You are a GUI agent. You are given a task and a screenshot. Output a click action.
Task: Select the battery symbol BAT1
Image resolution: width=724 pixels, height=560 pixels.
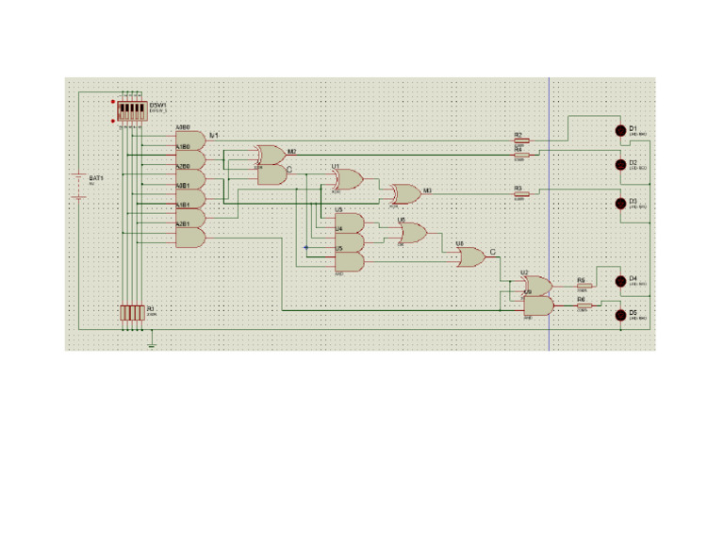click(79, 186)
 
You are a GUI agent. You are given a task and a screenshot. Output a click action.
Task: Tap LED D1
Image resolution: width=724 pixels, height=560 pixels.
click(620, 130)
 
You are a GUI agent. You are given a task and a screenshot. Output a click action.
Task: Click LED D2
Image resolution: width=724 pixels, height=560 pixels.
click(620, 165)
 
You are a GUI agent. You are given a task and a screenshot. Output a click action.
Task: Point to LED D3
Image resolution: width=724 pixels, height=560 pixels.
click(620, 203)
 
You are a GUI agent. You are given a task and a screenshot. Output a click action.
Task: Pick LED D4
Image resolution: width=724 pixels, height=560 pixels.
click(620, 280)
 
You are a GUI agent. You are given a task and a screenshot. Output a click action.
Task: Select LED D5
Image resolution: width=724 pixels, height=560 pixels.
click(620, 315)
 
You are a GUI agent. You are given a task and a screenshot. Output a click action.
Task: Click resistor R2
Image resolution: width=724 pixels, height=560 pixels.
click(521, 140)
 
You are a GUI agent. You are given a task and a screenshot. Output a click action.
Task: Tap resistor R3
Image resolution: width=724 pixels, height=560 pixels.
click(521, 194)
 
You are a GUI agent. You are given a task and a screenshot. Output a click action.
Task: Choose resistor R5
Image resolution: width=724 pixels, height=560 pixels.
click(583, 285)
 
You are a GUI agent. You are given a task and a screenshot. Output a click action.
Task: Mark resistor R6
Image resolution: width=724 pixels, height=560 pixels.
click(583, 304)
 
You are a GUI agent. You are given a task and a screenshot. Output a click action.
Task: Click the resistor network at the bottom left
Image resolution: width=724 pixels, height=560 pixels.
click(132, 312)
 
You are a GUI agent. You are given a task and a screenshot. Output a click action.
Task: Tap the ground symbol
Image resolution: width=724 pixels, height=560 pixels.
click(151, 344)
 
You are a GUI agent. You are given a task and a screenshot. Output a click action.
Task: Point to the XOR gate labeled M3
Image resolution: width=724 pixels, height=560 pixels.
click(405, 193)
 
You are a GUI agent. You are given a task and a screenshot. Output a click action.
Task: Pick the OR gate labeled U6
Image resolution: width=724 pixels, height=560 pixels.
click(413, 232)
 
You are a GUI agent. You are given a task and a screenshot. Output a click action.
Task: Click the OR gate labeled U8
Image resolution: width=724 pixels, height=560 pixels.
click(470, 255)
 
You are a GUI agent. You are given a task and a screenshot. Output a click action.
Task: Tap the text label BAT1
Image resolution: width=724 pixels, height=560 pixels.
click(96, 177)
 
